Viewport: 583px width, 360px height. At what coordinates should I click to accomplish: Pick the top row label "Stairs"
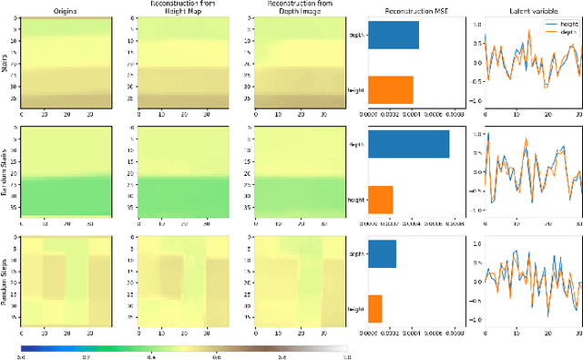pyautogui.click(x=8, y=63)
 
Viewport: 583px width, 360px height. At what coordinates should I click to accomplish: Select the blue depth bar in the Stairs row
pyautogui.click(x=394, y=35)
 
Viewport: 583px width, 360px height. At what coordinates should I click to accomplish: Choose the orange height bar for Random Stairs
pyautogui.click(x=381, y=199)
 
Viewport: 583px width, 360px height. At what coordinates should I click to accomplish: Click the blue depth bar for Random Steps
pyautogui.click(x=383, y=254)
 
